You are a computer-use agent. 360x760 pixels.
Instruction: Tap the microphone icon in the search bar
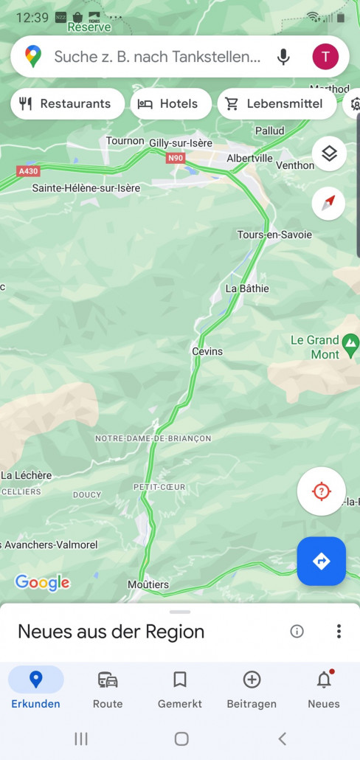pyautogui.click(x=283, y=57)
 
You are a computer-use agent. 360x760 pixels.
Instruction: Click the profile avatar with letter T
pyautogui.click(x=325, y=57)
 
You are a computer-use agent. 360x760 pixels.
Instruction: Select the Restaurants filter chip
pyautogui.click(x=66, y=104)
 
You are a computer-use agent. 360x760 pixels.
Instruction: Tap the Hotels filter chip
pyautogui.click(x=170, y=104)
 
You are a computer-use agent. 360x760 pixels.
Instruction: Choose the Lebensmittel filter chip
pyautogui.click(x=277, y=104)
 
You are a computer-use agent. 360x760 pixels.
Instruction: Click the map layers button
pyautogui.click(x=329, y=153)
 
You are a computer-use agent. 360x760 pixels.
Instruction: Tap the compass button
pyautogui.click(x=329, y=203)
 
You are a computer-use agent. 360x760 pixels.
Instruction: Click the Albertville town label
pyautogui.click(x=249, y=158)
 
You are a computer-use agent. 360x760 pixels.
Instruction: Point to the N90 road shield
pyautogui.click(x=175, y=158)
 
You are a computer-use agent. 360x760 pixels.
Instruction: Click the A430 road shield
pyautogui.click(x=28, y=171)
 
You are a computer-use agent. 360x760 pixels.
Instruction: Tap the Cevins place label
pyautogui.click(x=207, y=351)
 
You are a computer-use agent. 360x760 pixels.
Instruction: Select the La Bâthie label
pyautogui.click(x=247, y=289)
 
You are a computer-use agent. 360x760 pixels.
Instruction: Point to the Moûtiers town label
pyautogui.click(x=148, y=585)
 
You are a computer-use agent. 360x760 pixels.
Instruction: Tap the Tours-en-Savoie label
pyautogui.click(x=274, y=235)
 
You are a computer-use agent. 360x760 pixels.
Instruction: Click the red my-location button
pyautogui.click(x=321, y=491)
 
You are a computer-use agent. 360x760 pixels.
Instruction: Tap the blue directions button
pyautogui.click(x=321, y=562)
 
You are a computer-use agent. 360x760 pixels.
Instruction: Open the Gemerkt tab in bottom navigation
pyautogui.click(x=180, y=689)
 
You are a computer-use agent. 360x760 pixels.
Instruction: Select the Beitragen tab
pyautogui.click(x=252, y=689)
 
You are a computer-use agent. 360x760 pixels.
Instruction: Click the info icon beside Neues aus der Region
pyautogui.click(x=297, y=631)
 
